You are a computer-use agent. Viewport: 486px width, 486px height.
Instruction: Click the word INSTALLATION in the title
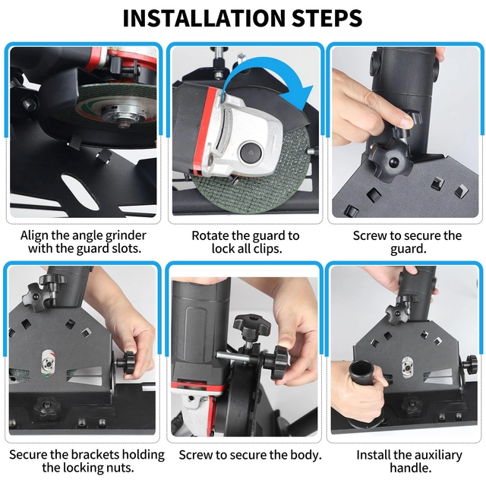[204, 18]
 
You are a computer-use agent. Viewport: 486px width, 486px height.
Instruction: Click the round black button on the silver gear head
[250, 152]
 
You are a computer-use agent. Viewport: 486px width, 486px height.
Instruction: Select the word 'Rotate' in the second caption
[210, 235]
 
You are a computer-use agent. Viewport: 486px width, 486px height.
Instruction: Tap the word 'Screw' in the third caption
[370, 235]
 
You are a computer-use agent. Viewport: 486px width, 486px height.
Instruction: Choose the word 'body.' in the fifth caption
[306, 455]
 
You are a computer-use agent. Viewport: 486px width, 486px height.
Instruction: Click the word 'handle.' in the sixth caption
[411, 468]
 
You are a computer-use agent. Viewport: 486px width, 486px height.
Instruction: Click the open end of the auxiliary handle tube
[360, 368]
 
